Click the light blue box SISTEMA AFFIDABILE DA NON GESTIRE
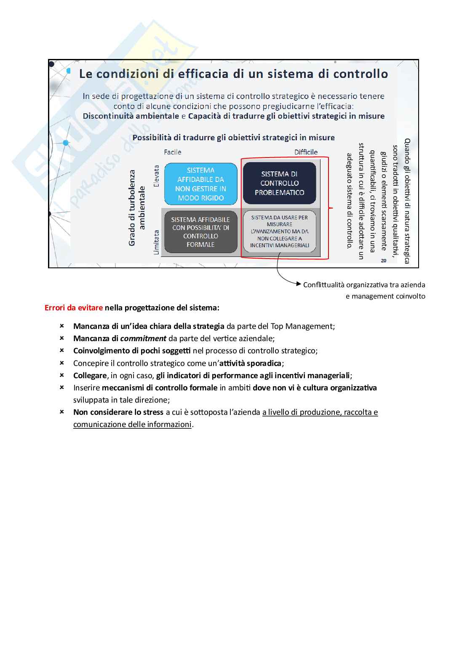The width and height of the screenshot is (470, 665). click(200, 184)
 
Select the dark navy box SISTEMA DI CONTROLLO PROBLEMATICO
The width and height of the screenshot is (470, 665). click(279, 183)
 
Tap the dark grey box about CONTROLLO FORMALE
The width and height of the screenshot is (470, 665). click(200, 232)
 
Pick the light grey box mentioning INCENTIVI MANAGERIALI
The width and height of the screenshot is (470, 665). click(279, 231)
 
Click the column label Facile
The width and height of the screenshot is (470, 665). click(173, 152)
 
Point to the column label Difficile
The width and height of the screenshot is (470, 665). click(306, 152)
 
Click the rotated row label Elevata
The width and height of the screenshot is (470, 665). click(157, 176)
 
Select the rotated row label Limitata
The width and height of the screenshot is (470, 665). click(157, 242)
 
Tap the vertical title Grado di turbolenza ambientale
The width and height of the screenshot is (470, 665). click(137, 208)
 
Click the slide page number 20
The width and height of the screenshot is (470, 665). click(383, 261)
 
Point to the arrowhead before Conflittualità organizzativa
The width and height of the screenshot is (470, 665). click(299, 285)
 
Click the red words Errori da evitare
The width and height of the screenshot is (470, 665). click(74, 308)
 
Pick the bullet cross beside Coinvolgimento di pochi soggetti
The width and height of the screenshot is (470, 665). click(61, 350)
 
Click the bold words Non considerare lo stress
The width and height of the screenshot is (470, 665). click(118, 412)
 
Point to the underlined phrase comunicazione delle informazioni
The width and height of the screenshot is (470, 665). click(132, 425)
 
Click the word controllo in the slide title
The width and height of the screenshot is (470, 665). click(361, 74)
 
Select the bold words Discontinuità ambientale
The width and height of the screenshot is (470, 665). click(131, 116)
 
